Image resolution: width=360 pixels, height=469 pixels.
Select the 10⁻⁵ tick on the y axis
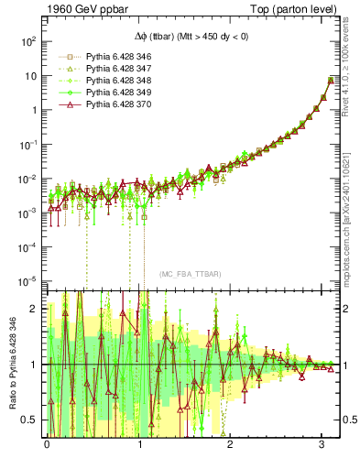coord(27,280)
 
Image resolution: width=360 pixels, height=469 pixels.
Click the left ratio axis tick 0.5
coord(30,420)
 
